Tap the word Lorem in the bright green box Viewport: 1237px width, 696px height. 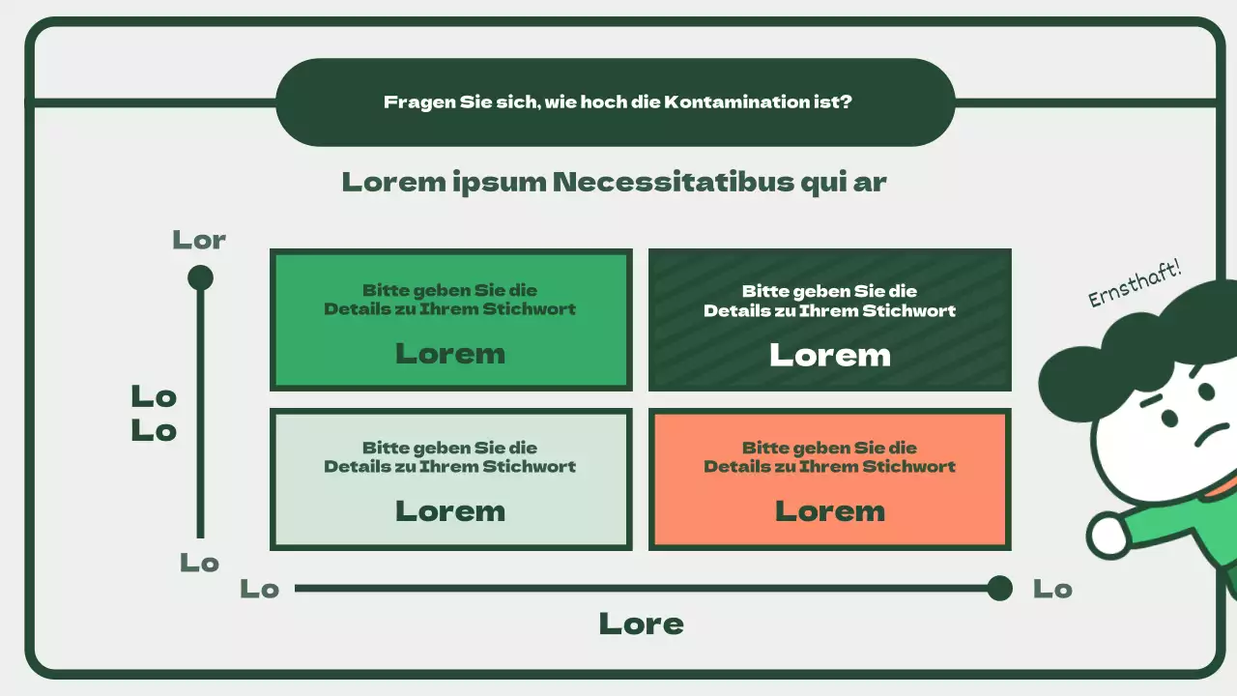point(450,354)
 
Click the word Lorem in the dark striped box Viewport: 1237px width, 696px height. point(830,355)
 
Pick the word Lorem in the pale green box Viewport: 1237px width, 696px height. point(450,511)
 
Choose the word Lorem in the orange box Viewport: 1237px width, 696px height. point(830,511)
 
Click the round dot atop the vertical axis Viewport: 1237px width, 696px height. point(200,278)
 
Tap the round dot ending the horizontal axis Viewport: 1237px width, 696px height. point(1000,588)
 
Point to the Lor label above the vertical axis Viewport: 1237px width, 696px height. point(199,240)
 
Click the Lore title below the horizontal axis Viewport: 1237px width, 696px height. point(641,624)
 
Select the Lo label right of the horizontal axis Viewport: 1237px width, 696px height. point(1052,589)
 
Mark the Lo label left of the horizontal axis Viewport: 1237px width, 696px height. point(259,589)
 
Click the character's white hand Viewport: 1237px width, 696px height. point(1108,534)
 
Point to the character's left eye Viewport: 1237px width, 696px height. point(1169,419)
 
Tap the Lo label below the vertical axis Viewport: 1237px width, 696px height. point(199,563)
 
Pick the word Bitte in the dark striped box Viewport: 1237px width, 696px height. point(762,291)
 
